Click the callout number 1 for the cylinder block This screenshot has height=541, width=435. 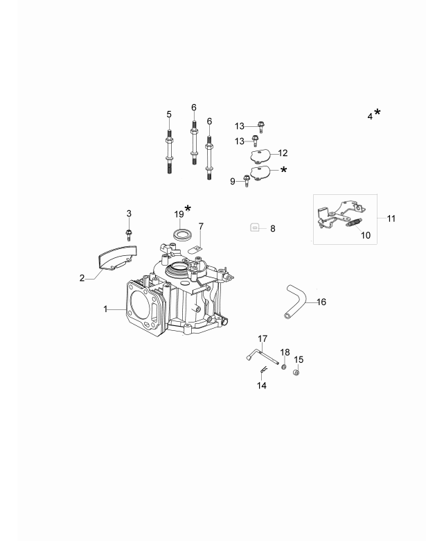tap(106, 309)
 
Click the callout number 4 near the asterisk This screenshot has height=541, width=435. tap(370, 117)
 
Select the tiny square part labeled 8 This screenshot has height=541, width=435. tap(254, 227)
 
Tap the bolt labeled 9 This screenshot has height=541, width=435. tap(246, 182)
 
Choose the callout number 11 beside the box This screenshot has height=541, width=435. tap(391, 218)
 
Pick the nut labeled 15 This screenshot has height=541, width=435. tap(296, 373)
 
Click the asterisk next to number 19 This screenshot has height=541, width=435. tap(188, 208)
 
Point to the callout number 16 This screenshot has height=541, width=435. tap(321, 302)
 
